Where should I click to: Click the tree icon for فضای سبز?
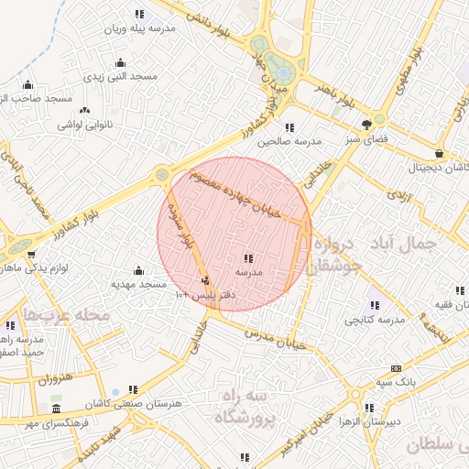(x=367, y=124)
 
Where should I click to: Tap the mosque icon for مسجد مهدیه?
(x=138, y=270)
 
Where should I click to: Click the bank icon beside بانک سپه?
(x=395, y=367)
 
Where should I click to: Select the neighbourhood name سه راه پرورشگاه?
(x=245, y=407)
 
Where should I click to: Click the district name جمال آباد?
(x=408, y=243)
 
